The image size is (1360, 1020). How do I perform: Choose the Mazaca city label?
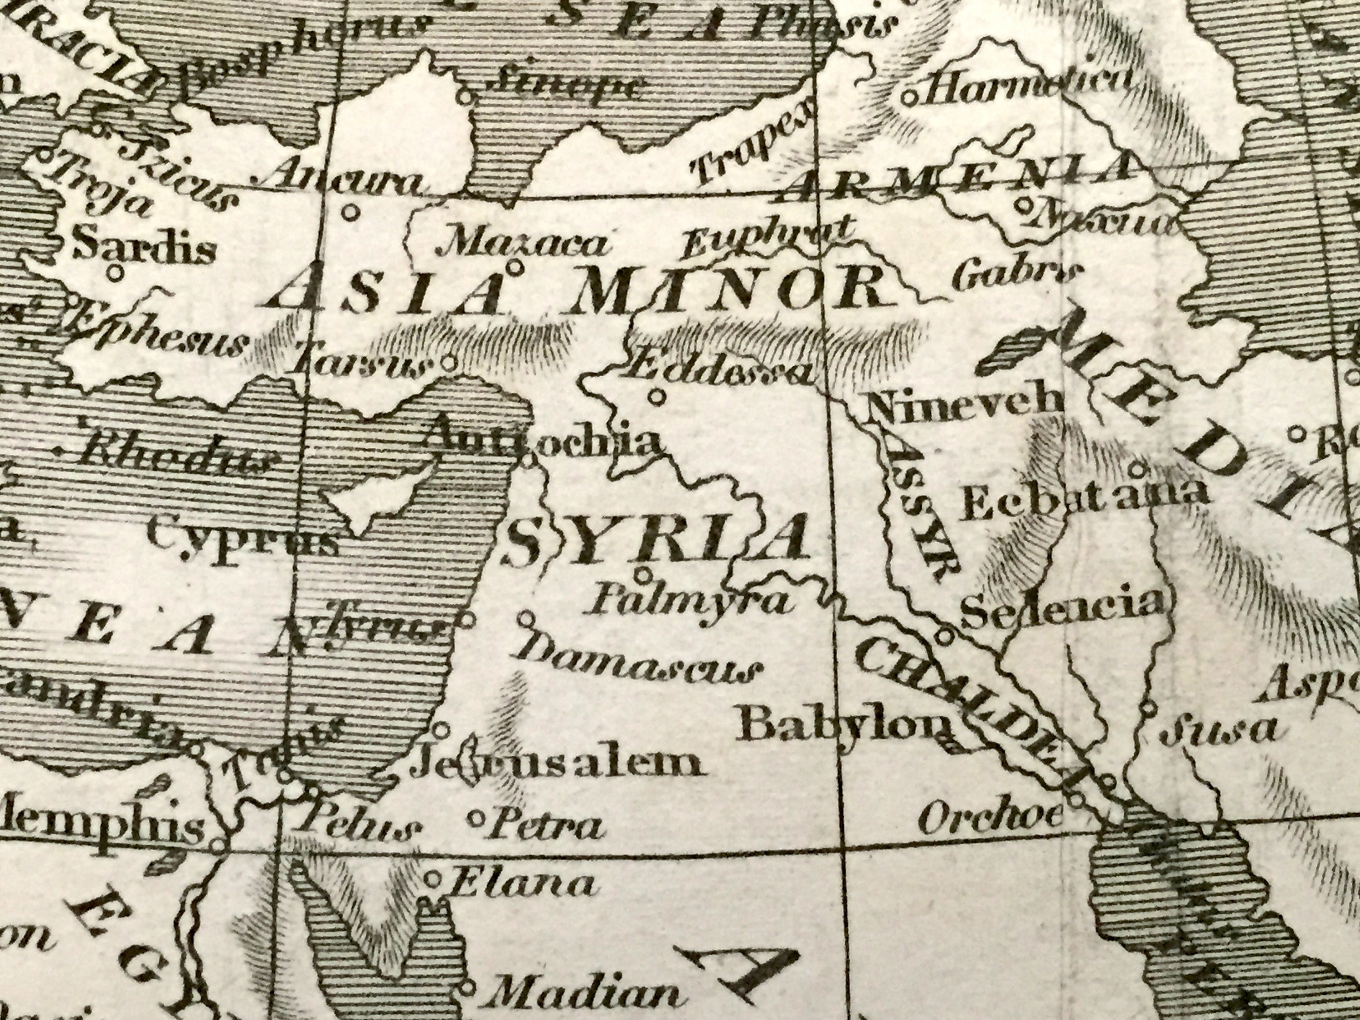coord(521,246)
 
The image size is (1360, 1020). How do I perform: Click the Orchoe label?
coord(990,816)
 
